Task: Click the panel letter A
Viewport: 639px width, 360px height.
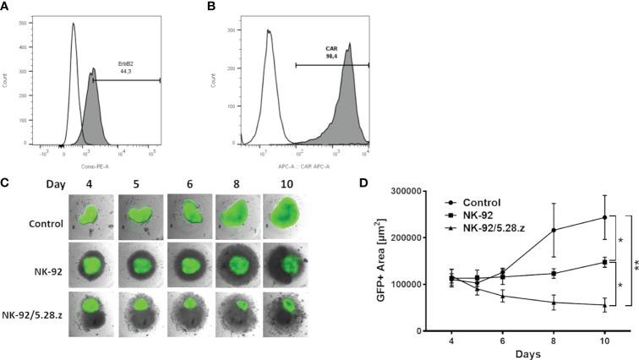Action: (x=6, y=7)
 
